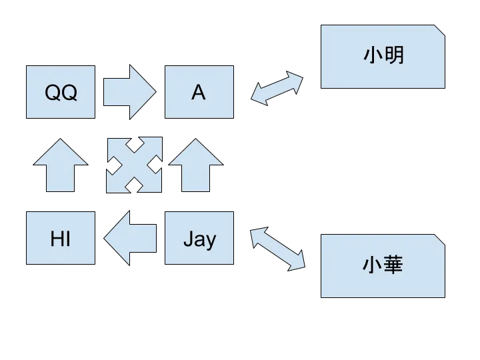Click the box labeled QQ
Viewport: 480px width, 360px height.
[x=61, y=93]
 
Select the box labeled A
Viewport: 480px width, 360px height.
[x=199, y=93]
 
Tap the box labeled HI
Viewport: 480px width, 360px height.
[x=61, y=238]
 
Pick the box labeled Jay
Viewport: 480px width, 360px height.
[x=199, y=238]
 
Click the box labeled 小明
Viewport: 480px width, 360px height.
[x=383, y=56]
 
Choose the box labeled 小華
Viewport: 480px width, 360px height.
[x=383, y=266]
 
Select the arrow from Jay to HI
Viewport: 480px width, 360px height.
[x=131, y=238]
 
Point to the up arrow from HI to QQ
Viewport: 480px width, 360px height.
[x=61, y=165]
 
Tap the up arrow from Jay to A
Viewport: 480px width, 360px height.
[x=195, y=165]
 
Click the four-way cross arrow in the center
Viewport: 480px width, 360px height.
[x=134, y=165]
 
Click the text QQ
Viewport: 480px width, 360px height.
[x=61, y=93]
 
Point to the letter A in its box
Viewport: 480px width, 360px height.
[x=199, y=93]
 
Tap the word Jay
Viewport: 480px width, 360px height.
[x=199, y=239]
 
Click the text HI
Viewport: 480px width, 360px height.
[x=61, y=238]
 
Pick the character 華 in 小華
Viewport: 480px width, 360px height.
[x=394, y=266]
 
